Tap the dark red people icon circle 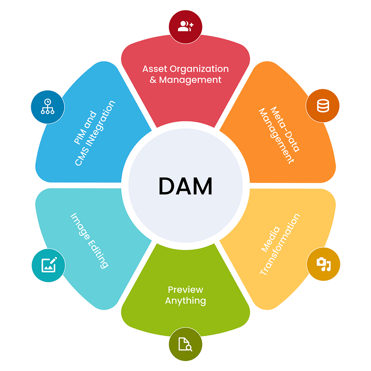click(185, 26)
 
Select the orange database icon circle click(323, 106)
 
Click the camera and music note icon click(323, 264)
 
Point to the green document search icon click(185, 345)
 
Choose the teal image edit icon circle click(49, 265)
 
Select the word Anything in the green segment click(185, 301)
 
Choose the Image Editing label click(90, 240)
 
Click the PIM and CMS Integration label click(93, 133)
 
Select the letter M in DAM click(204, 186)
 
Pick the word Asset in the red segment click(154, 69)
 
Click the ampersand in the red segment click(153, 80)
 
